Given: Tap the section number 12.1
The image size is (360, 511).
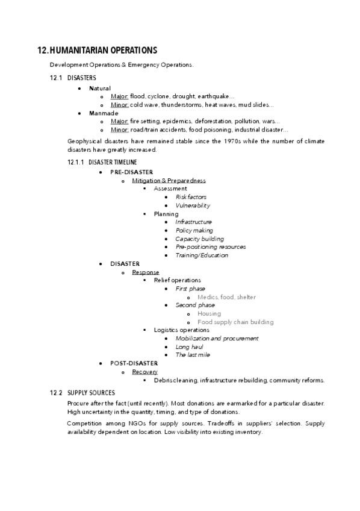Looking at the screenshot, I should coord(57,78).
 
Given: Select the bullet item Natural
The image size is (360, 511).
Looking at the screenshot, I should coord(100,88).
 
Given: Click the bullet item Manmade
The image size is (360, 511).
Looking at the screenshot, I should coord(104,113).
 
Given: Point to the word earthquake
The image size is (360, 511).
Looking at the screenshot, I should coord(217,96).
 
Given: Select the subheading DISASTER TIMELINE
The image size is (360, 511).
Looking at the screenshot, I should coord(113,162).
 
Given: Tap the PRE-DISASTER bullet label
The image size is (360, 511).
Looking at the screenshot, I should coord(131,172).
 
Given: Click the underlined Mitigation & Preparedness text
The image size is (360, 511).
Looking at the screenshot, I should coord(169,180).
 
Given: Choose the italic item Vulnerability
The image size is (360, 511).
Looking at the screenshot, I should coord(193,205).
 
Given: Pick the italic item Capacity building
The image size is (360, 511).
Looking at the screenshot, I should coord(199,239).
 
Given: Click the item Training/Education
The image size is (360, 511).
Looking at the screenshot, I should coord(202,255).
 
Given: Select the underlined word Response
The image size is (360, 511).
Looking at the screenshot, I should coord(146,272).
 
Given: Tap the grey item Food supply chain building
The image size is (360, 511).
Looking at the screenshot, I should coord(235,322).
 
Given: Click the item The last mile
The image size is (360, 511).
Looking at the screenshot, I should coord(193,355).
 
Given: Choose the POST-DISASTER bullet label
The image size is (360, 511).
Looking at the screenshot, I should coord(134,363).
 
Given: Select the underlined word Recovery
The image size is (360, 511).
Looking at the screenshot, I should coord(145,372).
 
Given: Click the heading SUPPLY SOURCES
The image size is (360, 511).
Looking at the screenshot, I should coord(91,393).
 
